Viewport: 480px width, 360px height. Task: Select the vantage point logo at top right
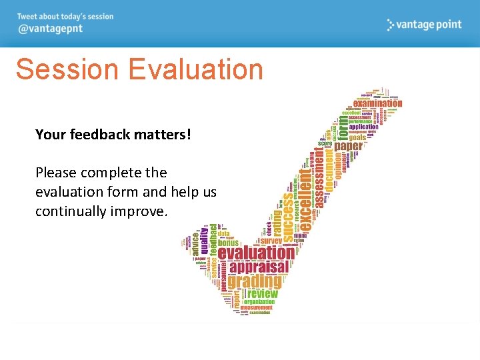pos(424,25)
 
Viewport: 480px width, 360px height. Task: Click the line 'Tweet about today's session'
pos(65,17)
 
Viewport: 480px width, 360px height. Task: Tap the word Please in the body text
pos(56,173)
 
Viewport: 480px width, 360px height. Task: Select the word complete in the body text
pos(111,173)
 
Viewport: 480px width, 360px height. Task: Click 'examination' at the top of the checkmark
pos(377,103)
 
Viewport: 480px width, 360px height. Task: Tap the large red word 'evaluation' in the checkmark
pos(256,253)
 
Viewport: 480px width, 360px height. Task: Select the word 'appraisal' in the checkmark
pos(259,267)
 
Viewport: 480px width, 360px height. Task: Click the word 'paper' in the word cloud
pos(349,146)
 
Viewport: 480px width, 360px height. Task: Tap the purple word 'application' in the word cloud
pos(363,127)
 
